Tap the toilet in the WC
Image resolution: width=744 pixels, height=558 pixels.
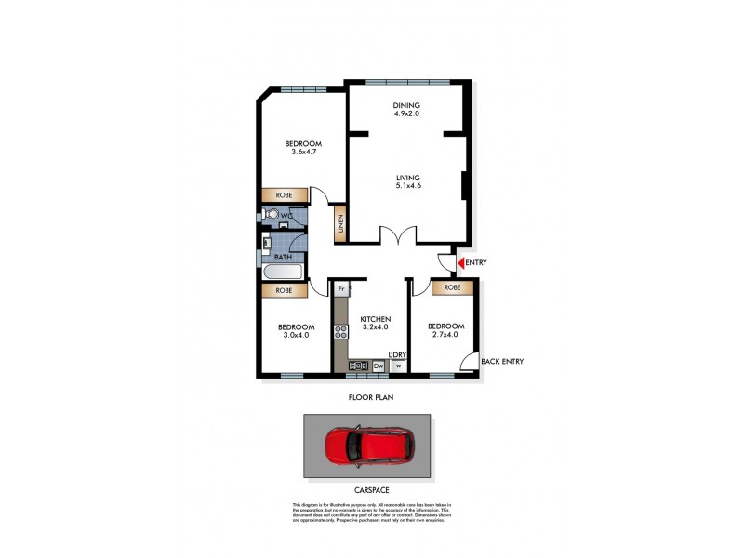tap(269, 216)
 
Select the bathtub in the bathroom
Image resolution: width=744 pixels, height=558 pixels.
tap(282, 272)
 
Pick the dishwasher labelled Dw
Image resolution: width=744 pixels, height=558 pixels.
tap(379, 366)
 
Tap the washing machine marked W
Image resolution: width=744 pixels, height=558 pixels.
tap(398, 366)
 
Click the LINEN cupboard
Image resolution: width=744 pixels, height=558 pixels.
tap(339, 223)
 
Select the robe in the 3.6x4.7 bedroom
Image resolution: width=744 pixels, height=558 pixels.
tap(285, 195)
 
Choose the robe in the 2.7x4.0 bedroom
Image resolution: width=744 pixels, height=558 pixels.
tap(452, 288)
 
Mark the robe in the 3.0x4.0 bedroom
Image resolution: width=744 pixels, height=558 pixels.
tap(285, 290)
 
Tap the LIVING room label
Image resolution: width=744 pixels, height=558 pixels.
tap(407, 177)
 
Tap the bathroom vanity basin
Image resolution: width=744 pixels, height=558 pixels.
tap(267, 245)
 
